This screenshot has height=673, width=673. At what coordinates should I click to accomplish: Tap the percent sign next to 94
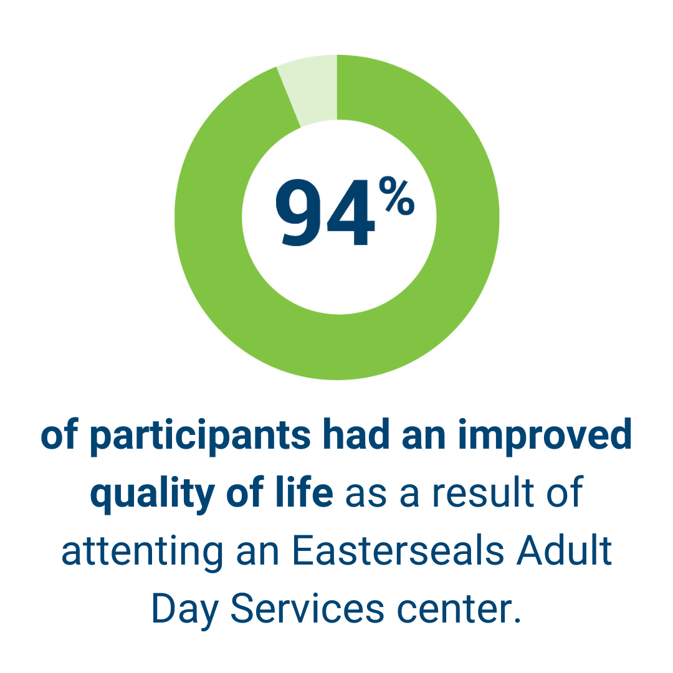click(396, 196)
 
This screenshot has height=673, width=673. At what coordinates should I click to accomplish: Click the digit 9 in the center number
click(298, 213)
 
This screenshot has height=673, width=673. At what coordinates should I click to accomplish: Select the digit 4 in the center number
click(351, 213)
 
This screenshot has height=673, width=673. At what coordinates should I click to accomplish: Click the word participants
click(201, 436)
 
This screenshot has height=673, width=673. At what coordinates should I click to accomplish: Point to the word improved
click(545, 436)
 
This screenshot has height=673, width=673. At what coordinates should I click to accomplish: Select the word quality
click(153, 494)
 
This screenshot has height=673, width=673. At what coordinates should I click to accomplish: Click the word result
click(484, 492)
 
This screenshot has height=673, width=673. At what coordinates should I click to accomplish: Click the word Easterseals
click(398, 550)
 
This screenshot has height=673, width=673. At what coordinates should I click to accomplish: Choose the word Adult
click(564, 550)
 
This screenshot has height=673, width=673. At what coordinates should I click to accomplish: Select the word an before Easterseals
click(257, 553)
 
